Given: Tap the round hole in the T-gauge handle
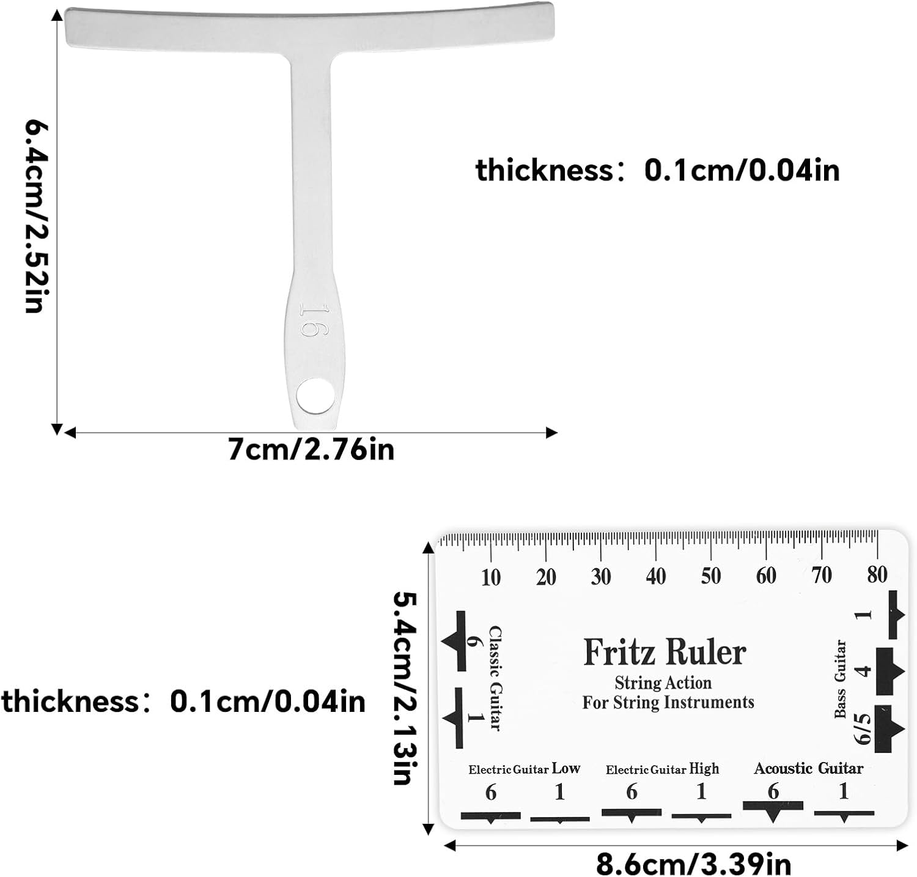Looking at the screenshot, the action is (315, 395).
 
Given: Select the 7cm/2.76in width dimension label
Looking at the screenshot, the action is (311, 450).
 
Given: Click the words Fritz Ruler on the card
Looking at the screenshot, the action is (665, 652).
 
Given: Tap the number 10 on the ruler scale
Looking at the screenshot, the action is (490, 577).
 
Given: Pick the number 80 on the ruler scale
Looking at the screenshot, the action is (877, 574).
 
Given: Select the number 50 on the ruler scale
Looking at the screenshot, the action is (711, 576).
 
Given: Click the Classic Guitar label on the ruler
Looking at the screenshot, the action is (495, 678).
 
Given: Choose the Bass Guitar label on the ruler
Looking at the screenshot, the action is (841, 679).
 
